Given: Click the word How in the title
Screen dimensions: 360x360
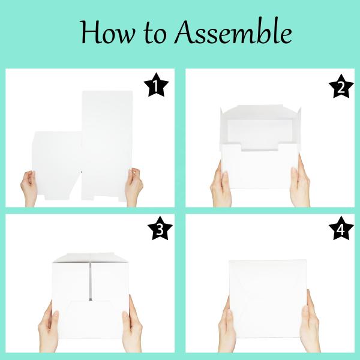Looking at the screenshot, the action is click(x=107, y=32).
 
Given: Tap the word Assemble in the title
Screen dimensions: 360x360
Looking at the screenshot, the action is click(x=233, y=31).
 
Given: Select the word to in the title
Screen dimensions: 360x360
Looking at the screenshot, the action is click(x=155, y=33).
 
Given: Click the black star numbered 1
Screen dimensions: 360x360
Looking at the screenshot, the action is click(x=156, y=85).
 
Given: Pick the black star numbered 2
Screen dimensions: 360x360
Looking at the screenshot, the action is click(x=341, y=86).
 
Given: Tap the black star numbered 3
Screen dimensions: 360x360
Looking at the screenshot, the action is click(x=160, y=229).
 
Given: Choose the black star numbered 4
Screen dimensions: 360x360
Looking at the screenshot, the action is click(x=341, y=229).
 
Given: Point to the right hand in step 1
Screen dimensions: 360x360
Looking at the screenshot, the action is click(x=134, y=187).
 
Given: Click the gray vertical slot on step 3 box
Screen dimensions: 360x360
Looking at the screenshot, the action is click(x=91, y=281).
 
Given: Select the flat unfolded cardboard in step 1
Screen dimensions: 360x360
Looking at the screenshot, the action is click(x=82, y=146).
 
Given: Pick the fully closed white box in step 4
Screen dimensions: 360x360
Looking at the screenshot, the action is click(x=268, y=298).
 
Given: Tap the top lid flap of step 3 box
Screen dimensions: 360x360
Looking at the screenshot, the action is click(x=91, y=257).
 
